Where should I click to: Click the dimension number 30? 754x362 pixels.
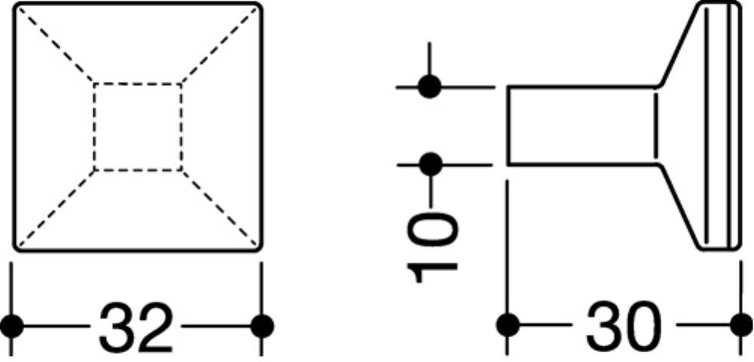click(623, 326)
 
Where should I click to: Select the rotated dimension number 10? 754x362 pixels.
click(432, 246)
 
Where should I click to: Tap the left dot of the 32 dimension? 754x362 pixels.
click(11, 326)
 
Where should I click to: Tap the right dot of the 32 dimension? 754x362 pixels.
click(262, 326)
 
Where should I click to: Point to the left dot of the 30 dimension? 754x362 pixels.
click(508, 326)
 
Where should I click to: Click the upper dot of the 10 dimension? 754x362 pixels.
click(430, 87)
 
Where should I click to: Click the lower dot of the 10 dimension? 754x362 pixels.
click(430, 163)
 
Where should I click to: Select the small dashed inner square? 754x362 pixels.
click(138, 127)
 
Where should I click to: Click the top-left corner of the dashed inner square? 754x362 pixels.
click(94, 83)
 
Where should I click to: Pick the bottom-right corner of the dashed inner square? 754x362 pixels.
click(182, 170)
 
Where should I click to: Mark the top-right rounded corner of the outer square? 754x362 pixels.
click(258, 8)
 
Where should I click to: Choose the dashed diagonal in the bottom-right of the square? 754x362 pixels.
click(220, 208)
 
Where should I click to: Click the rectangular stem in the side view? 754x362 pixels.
click(581, 125)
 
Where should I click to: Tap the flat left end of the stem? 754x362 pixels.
click(507, 125)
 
